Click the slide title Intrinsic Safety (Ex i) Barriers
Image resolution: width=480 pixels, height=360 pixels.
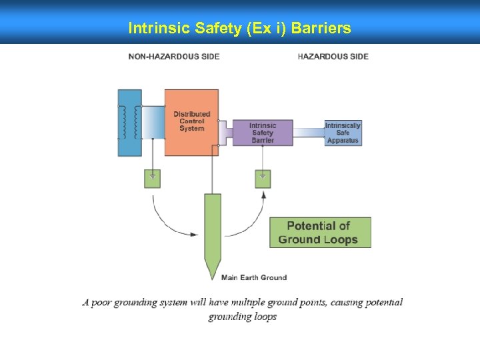point(239,29)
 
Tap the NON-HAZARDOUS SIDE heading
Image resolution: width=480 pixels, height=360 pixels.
point(174,57)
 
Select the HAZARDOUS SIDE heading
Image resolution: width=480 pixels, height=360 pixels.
point(333,57)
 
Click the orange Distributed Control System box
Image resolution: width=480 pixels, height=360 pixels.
point(191,122)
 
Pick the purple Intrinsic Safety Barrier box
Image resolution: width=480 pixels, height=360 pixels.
point(263,133)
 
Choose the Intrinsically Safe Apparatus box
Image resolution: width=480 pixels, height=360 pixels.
point(343,133)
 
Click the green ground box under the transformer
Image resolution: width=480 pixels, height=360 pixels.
point(153,179)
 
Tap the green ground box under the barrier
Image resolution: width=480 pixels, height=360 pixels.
point(263,179)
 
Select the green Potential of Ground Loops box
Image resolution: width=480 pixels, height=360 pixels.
point(320,232)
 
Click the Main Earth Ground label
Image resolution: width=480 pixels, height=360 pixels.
point(254,277)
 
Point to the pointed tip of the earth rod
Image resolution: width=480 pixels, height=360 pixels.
point(213,275)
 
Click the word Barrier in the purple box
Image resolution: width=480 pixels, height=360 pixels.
point(263,140)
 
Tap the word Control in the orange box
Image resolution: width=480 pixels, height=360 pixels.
point(192,121)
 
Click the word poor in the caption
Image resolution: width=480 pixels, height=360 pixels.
point(101,303)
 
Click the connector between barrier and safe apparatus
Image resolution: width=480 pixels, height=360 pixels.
point(309,132)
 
